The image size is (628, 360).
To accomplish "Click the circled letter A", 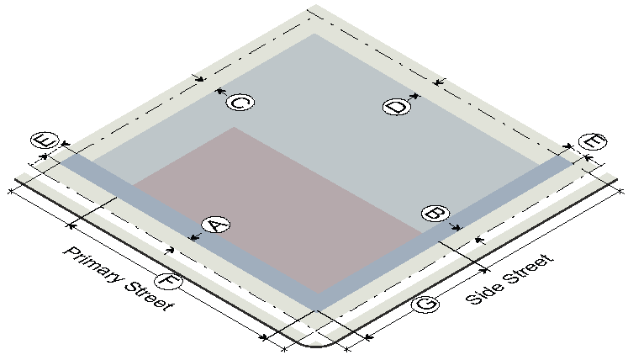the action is click(x=216, y=225).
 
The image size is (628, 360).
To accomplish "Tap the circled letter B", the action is click(x=435, y=214).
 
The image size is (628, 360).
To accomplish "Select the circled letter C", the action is click(x=240, y=103).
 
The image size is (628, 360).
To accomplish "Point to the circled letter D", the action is click(x=397, y=107).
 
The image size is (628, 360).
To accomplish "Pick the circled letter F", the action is click(x=169, y=281).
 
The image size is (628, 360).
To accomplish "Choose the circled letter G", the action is click(x=425, y=304).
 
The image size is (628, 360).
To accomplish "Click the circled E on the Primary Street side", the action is click(x=45, y=140).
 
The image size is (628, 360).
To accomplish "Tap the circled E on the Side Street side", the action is click(x=593, y=142).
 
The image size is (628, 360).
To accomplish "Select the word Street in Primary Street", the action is click(x=150, y=296).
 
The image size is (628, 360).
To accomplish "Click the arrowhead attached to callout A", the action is click(x=193, y=238).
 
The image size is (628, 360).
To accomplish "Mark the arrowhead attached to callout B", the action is click(x=457, y=228).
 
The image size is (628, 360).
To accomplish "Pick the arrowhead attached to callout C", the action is click(x=219, y=92).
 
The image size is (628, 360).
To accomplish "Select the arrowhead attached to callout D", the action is click(x=416, y=96).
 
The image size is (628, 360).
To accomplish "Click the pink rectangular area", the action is click(x=277, y=209).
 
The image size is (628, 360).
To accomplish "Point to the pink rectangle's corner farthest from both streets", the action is click(x=234, y=127).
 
